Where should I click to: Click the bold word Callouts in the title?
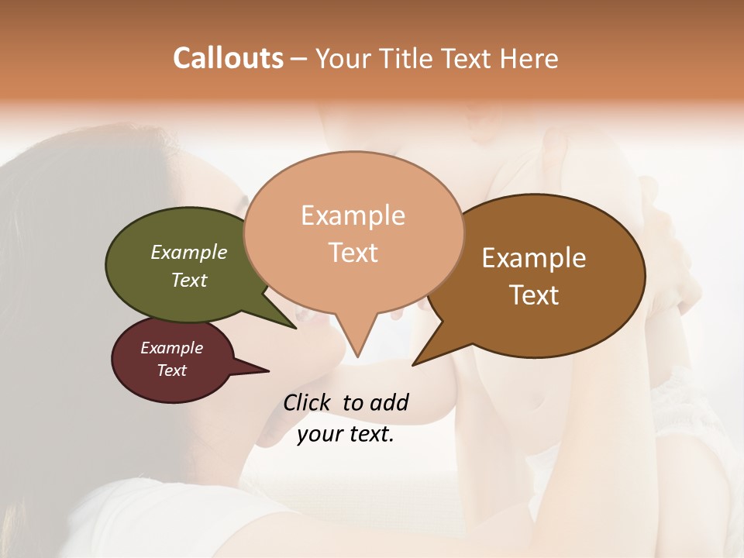[228, 58]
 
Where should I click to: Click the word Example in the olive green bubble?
[189, 252]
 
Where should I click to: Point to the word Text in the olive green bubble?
[189, 280]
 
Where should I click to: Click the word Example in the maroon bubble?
[172, 348]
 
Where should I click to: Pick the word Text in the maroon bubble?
[172, 370]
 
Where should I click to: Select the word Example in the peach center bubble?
[353, 215]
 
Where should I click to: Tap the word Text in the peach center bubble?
[353, 253]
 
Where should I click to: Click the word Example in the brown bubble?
[534, 258]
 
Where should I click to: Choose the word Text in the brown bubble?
[534, 295]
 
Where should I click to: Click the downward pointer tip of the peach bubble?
[357, 356]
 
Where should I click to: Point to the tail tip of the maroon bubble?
[268, 370]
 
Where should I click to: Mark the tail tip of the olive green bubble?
[296, 328]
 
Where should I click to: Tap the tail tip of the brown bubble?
[413, 364]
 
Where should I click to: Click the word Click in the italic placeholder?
[307, 402]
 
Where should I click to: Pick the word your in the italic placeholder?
[319, 434]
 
